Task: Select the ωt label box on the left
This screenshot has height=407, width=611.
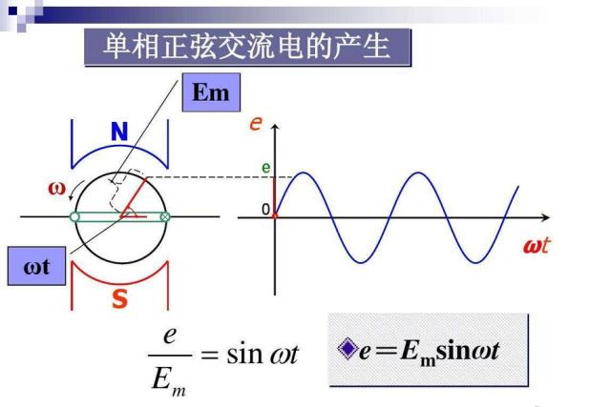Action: (x=35, y=268)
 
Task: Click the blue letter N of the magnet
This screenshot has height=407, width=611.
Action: (x=118, y=133)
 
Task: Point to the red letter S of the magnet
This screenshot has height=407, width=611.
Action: (x=119, y=298)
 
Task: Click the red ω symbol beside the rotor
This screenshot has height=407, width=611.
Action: (x=57, y=187)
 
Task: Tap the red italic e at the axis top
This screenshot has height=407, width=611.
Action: (x=256, y=123)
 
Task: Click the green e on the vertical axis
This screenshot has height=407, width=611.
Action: (x=267, y=168)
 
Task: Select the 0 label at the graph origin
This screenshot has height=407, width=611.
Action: (x=266, y=210)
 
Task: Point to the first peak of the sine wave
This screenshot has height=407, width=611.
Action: (x=303, y=173)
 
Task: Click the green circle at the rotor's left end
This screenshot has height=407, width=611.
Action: (x=74, y=217)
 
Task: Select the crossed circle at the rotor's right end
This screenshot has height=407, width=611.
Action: (x=165, y=217)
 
